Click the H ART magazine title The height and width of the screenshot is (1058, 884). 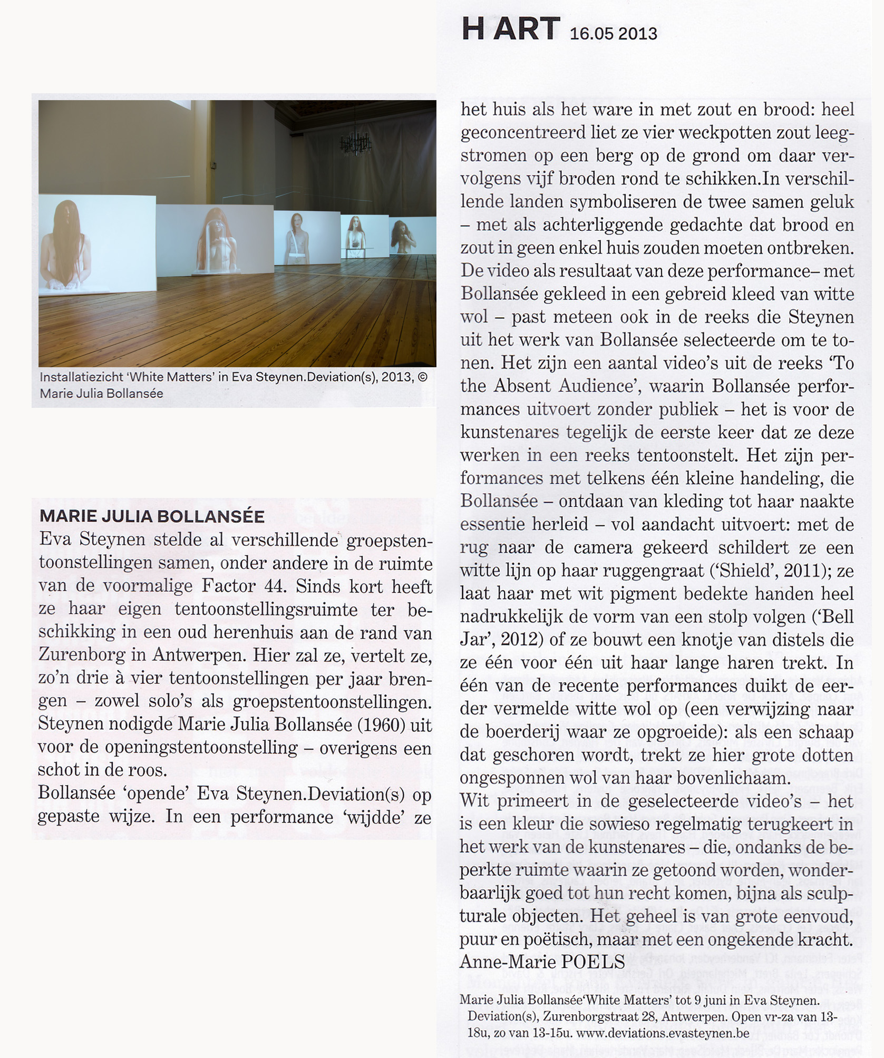pos(509,29)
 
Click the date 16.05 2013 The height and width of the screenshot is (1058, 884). pos(614,34)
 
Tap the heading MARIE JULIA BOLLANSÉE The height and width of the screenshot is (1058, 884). pos(152,516)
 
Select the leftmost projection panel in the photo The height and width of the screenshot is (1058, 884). pos(97,244)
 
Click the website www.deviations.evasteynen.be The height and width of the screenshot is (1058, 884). pos(662,1033)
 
